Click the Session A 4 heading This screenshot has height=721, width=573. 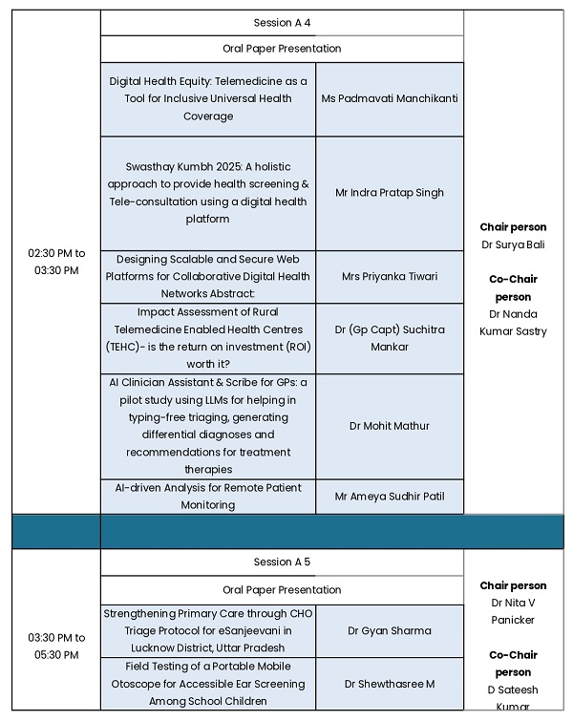[282, 23]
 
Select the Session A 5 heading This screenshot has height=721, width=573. [282, 562]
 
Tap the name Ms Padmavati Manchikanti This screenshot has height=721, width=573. [390, 98]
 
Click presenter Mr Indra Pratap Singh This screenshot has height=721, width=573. [390, 192]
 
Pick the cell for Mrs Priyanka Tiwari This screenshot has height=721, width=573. [390, 277]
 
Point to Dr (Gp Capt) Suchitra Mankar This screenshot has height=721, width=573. [390, 338]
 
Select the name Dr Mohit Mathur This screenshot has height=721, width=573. [390, 426]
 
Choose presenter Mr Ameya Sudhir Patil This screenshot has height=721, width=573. [390, 497]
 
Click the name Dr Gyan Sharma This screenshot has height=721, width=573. [390, 630]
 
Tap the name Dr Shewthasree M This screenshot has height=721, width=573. [390, 684]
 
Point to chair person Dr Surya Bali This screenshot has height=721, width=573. [513, 244]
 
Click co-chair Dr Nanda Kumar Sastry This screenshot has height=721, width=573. [513, 323]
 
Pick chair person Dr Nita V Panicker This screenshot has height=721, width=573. [513, 611]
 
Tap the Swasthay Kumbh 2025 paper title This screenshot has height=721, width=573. [208, 192]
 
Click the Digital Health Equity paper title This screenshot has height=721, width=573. [208, 98]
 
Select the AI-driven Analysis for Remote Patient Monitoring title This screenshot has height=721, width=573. [208, 497]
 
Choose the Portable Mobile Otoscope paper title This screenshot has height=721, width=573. [208, 684]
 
